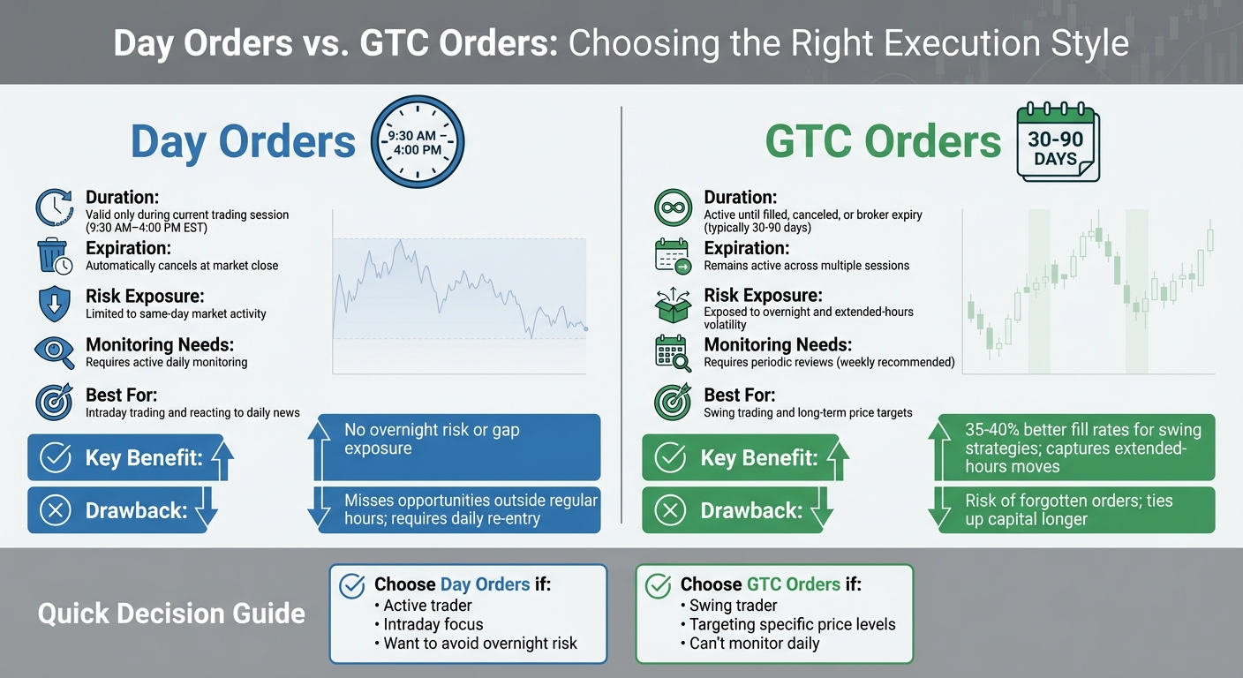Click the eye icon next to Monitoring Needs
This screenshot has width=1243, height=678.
pyautogui.click(x=54, y=351)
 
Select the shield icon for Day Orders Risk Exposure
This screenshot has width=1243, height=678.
pyautogui.click(x=54, y=304)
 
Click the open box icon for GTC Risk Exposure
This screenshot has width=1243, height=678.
pyautogui.click(x=673, y=304)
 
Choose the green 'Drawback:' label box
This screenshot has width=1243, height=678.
pyautogui.click(x=732, y=510)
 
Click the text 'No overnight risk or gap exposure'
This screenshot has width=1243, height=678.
pyautogui.click(x=432, y=439)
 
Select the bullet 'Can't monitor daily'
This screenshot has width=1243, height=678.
pyautogui.click(x=750, y=643)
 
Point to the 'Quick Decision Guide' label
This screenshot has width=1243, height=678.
pyautogui.click(x=171, y=614)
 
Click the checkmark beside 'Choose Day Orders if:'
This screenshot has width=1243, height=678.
pyautogui.click(x=352, y=585)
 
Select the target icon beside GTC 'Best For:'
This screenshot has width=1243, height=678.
pyautogui.click(x=673, y=403)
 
